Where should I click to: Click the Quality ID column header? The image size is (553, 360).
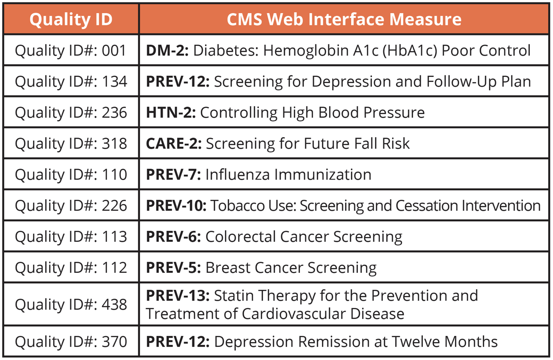click(x=71, y=19)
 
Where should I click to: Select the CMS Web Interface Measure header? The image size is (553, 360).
click(x=344, y=19)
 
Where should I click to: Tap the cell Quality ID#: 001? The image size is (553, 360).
click(x=71, y=50)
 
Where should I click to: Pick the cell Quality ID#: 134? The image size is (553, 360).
click(x=71, y=82)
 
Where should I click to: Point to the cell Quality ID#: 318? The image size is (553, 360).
click(x=71, y=144)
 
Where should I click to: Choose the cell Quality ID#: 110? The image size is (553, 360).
click(x=71, y=175)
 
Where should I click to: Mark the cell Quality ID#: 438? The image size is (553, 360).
click(x=71, y=304)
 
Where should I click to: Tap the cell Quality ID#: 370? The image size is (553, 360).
click(x=71, y=341)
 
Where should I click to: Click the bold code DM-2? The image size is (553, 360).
click(x=167, y=50)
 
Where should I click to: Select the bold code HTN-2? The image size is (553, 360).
click(x=171, y=113)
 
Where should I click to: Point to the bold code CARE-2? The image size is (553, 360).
click(x=173, y=144)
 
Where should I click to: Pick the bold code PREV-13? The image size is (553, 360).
click(x=177, y=296)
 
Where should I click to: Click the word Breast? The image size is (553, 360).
click(x=225, y=268)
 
